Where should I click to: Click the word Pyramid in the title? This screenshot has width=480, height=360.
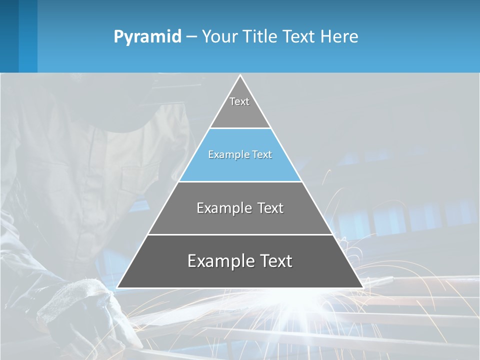147,37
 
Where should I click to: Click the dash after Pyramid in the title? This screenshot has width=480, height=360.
191,37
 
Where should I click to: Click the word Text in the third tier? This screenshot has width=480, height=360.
270,208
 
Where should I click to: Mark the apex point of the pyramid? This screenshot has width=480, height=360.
240,75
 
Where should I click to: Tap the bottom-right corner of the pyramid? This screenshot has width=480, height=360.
362,287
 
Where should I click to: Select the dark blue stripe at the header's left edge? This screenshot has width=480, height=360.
9,36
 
